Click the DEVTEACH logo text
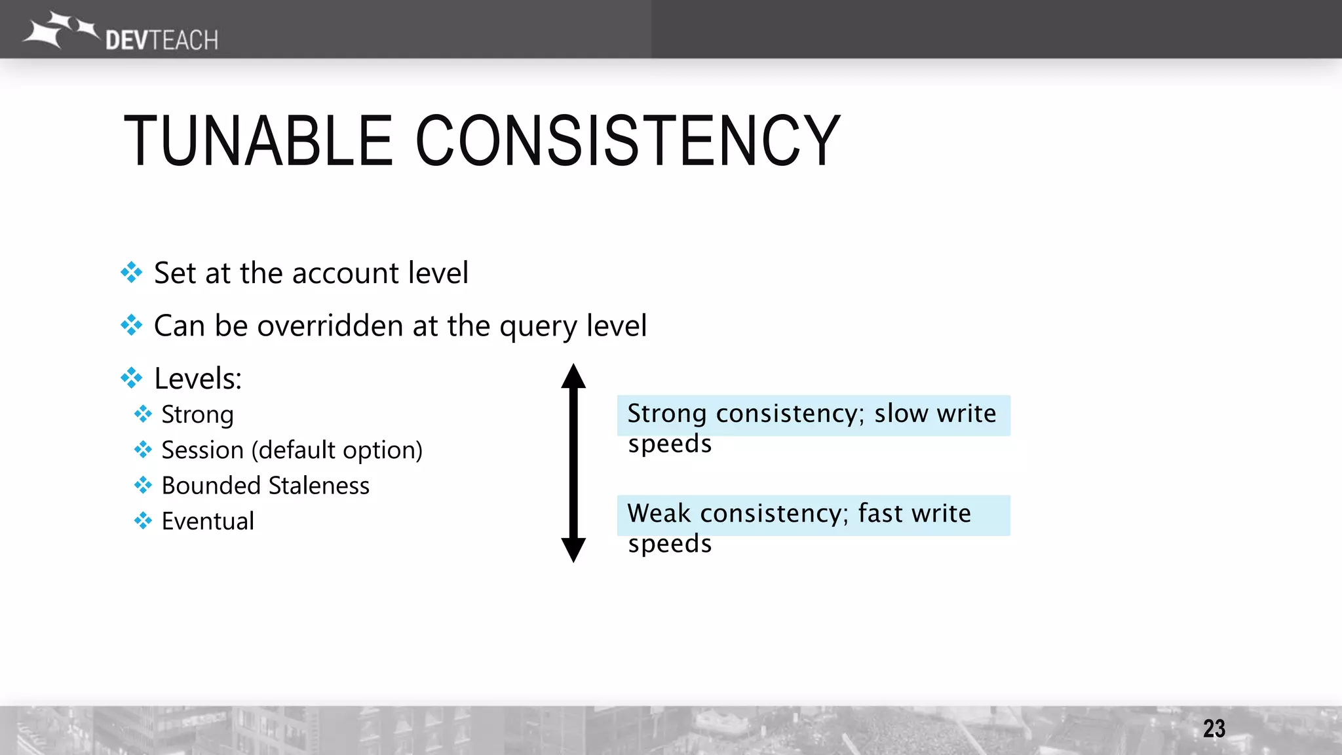coord(161,40)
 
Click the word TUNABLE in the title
coord(258,140)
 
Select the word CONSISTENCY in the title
coord(628,140)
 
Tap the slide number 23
coord(1214,728)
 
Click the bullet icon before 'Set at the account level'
coord(132,273)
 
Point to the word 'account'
coord(345,273)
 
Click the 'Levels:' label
coord(198,379)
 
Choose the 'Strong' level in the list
coord(197,415)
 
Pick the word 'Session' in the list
coord(202,450)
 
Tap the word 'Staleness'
coord(318,486)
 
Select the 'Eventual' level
coord(208,521)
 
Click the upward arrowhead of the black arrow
coord(573,376)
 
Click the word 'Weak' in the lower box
coord(659,513)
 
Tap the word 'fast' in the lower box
coord(880,513)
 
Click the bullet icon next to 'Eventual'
coord(143,521)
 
